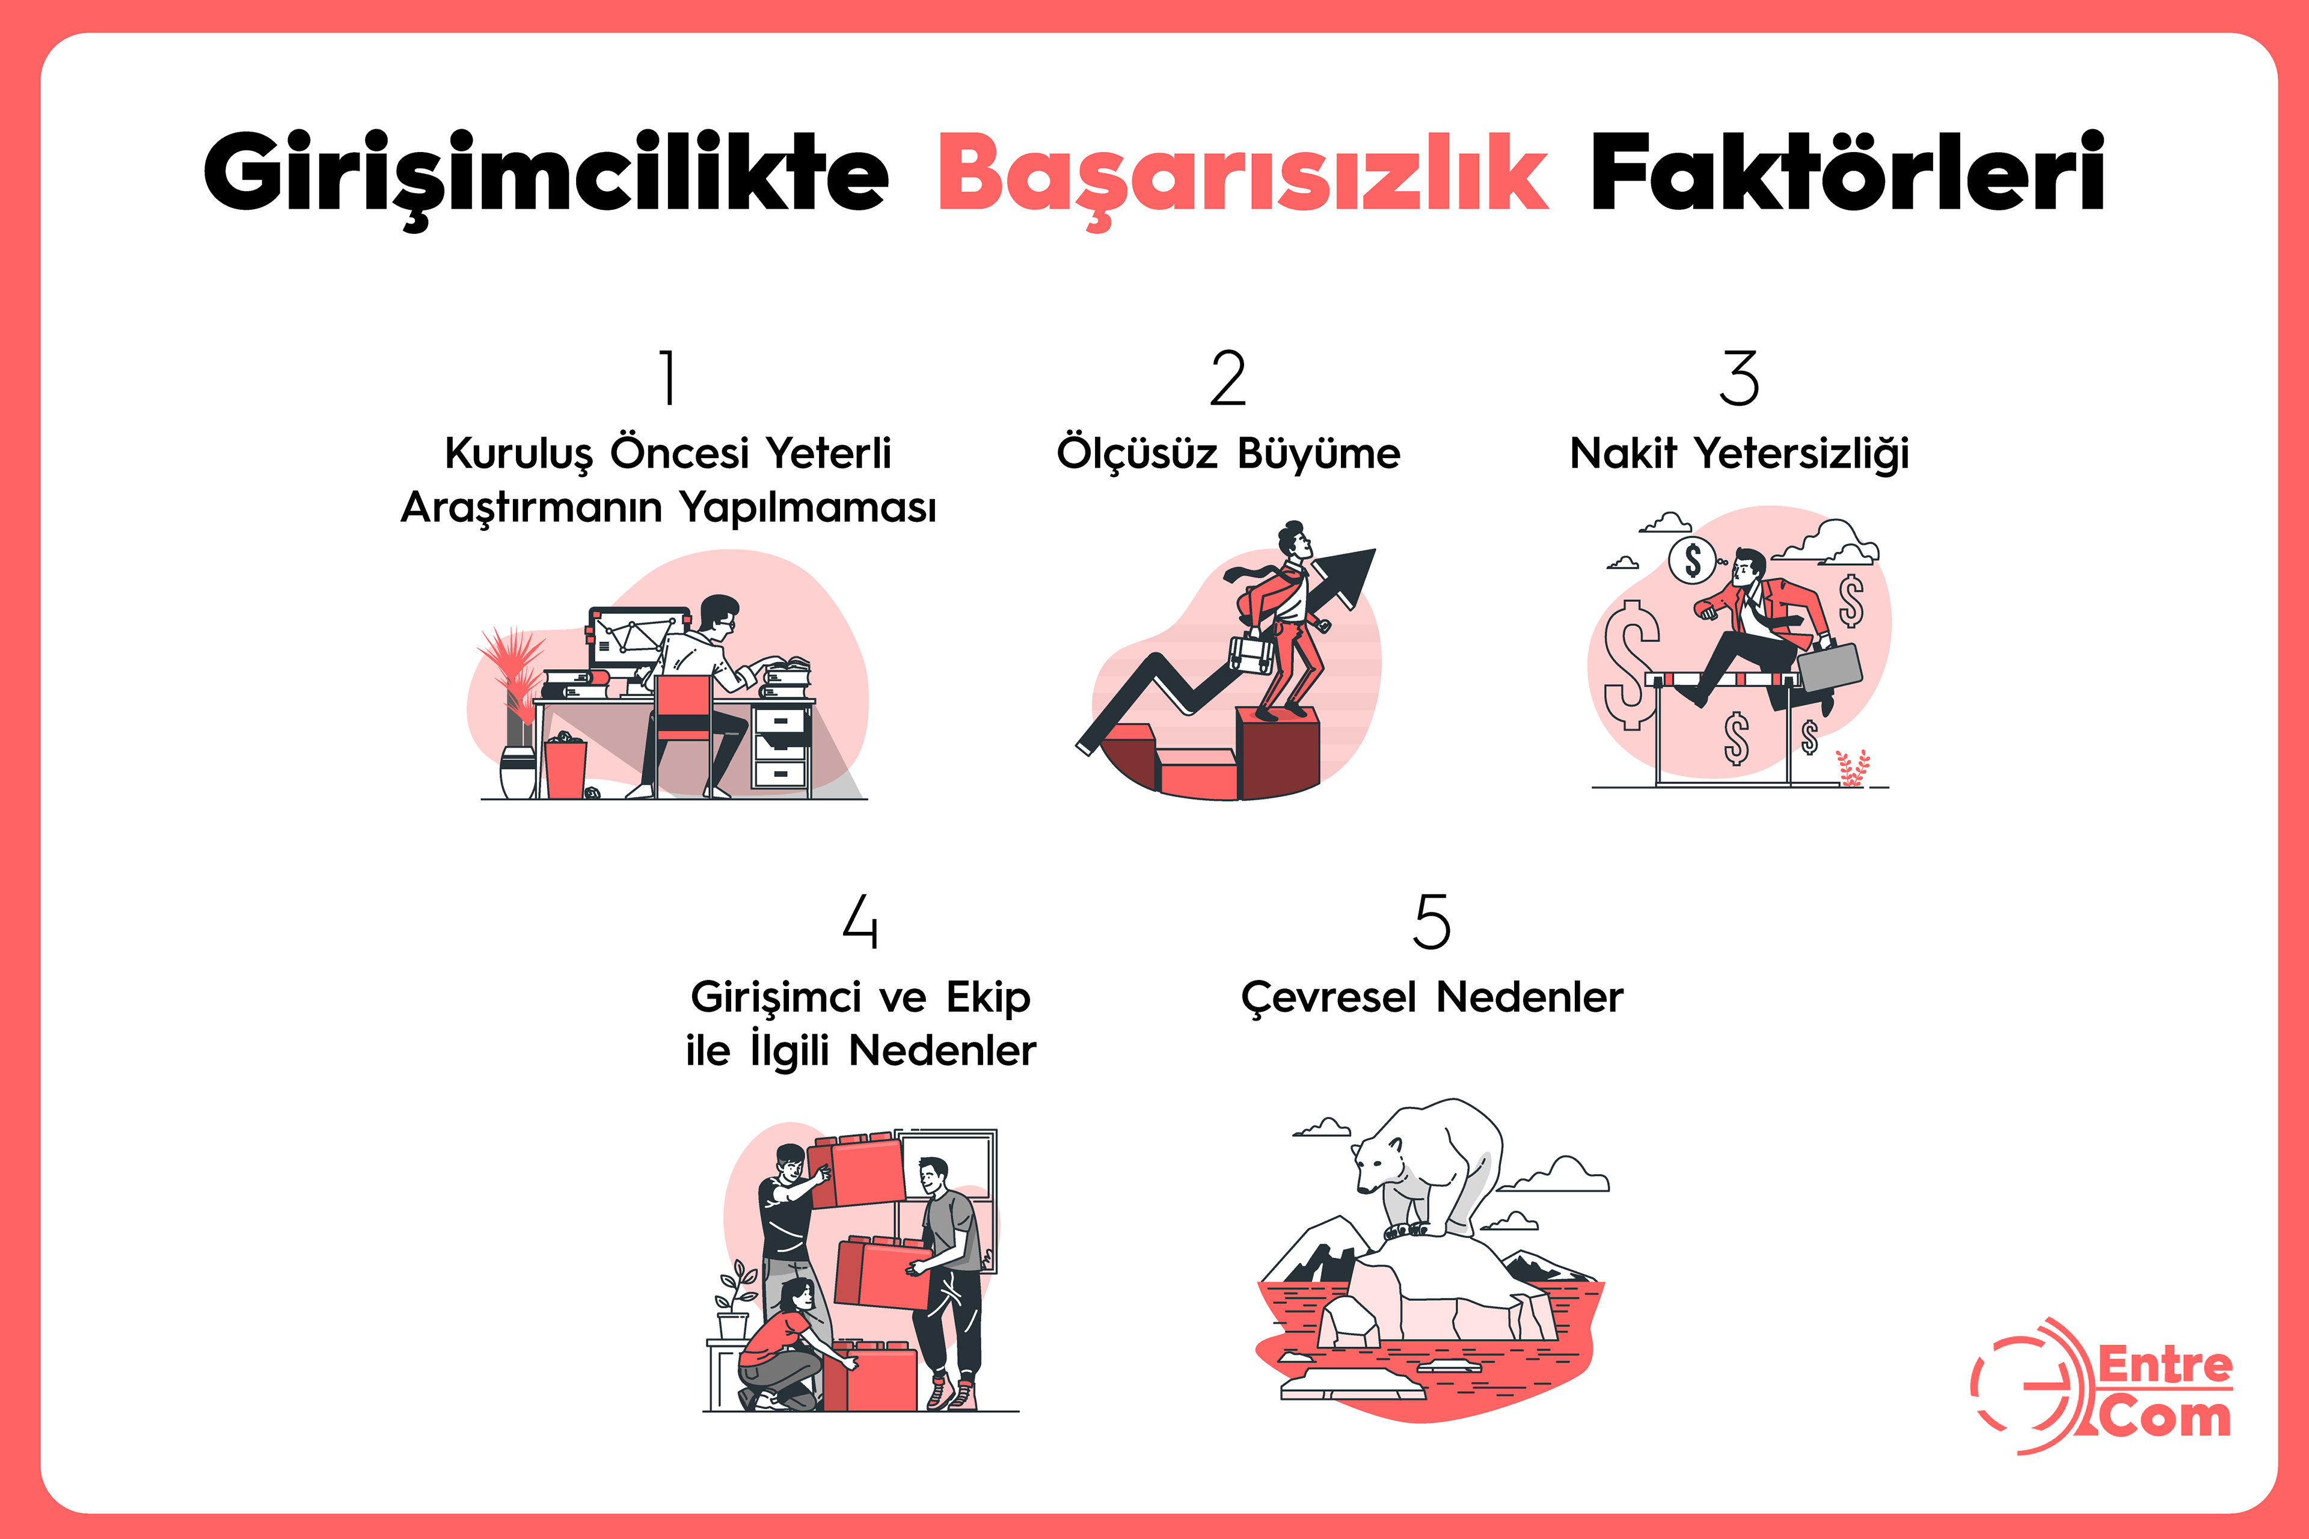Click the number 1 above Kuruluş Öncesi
click(x=669, y=378)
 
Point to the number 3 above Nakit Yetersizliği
click(x=1738, y=378)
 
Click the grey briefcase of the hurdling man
click(x=1830, y=667)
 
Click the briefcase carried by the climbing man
click(x=1252, y=653)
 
